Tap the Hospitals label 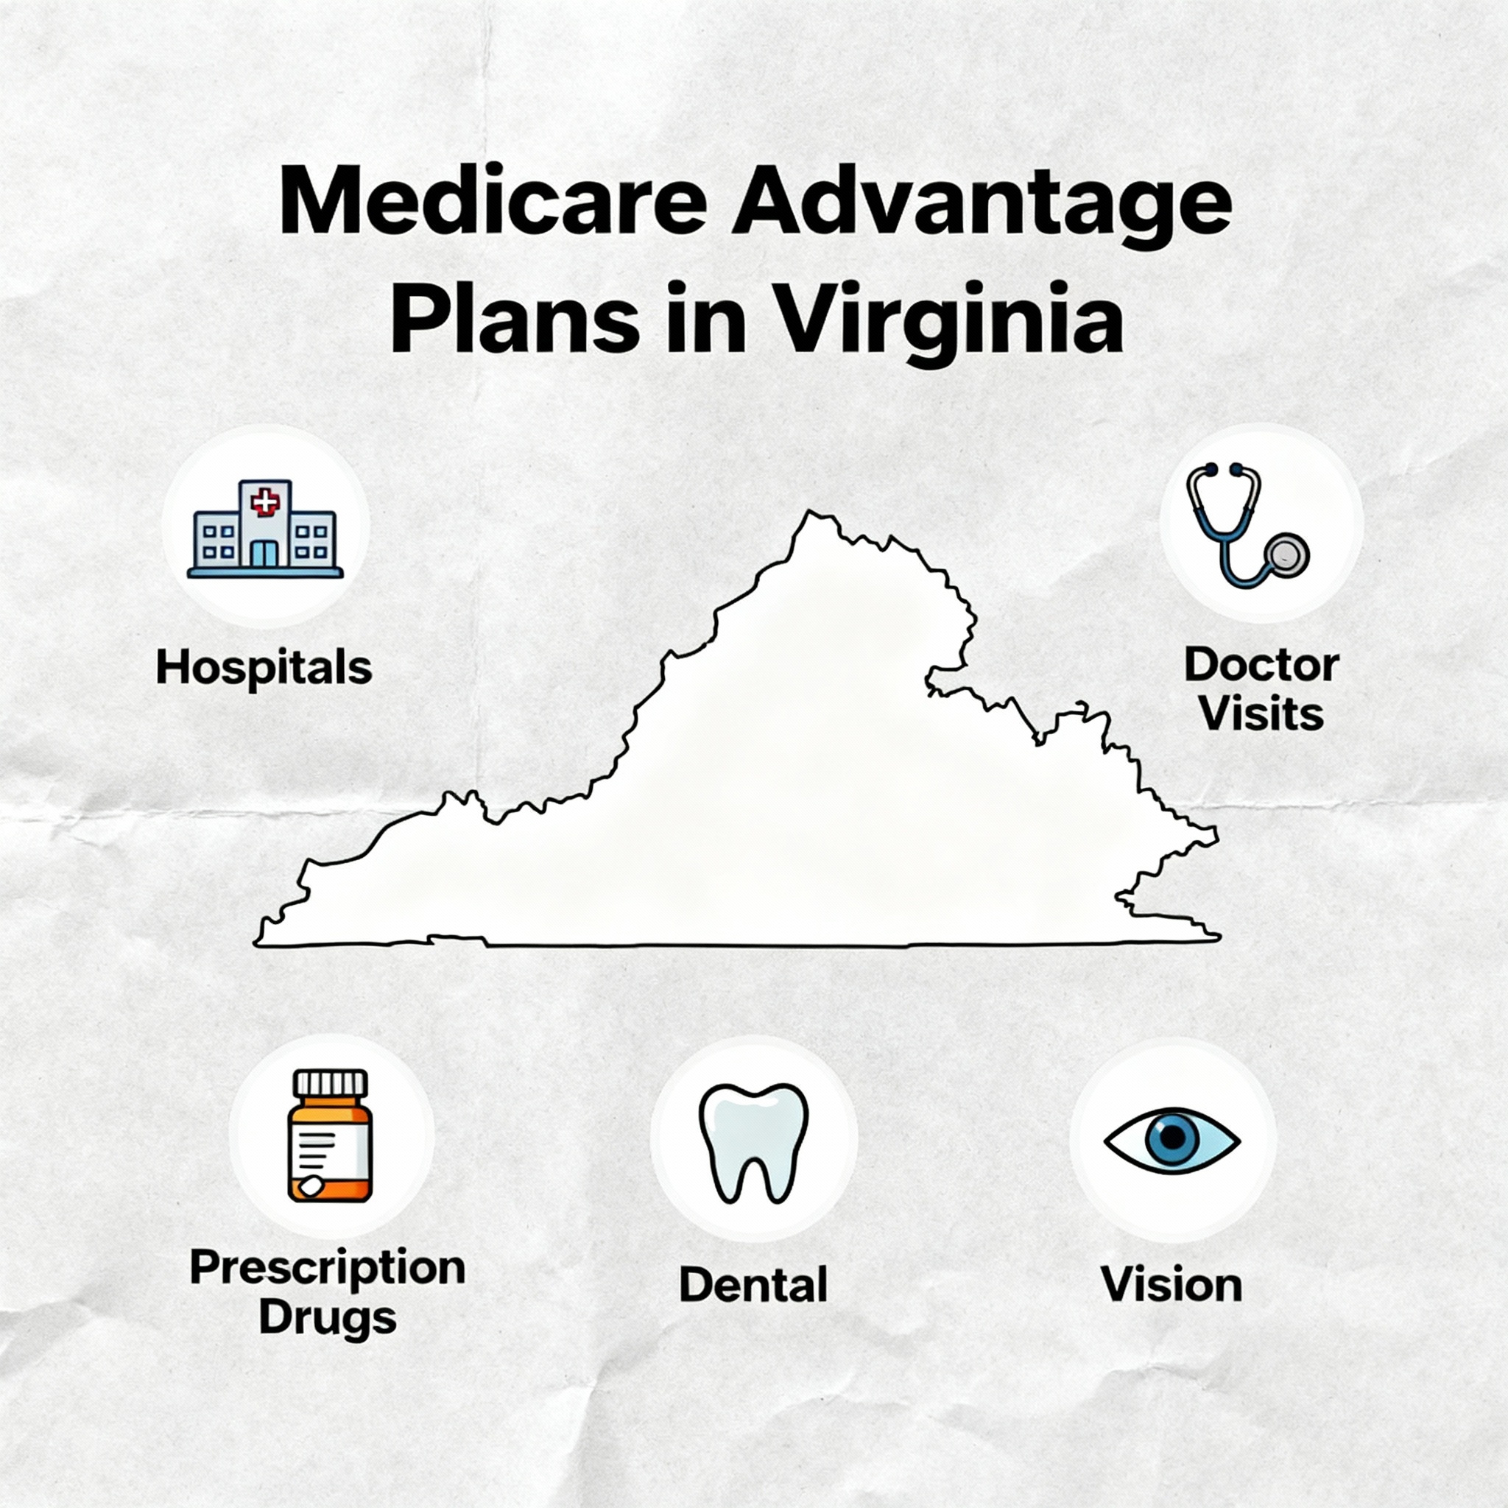264,668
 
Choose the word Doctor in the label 1261,665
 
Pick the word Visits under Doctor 1261,714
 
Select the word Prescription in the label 328,1269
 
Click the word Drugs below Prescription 328,1317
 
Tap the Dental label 753,1285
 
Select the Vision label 1171,1285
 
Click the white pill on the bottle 310,1186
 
